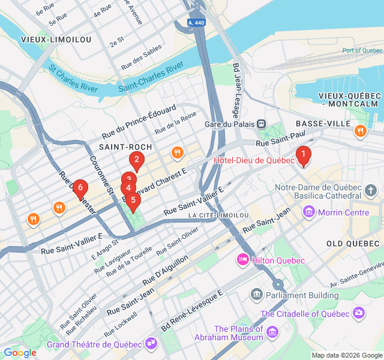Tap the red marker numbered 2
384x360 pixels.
pos(137,160)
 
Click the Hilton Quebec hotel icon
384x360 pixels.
pos(243,260)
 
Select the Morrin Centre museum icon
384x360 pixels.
pos(309,212)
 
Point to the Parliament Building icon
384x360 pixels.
pos(257,295)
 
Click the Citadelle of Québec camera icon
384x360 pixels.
pos(359,313)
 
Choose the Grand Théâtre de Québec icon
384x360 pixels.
pos(150,344)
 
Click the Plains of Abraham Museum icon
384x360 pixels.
pos(272,332)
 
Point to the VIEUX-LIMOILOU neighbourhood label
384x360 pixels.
pos(56,40)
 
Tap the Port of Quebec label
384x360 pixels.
pos(362,50)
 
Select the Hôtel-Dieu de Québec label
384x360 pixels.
pos(254,160)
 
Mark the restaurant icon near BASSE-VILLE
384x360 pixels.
pos(360,131)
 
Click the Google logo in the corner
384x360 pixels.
pos(20,353)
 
